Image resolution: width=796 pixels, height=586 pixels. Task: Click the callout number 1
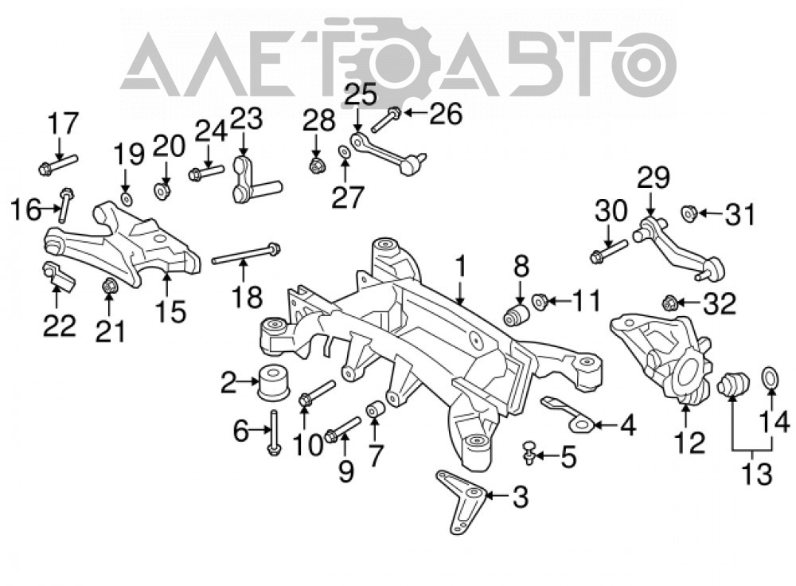point(460,267)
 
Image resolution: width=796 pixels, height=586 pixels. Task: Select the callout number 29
point(654,178)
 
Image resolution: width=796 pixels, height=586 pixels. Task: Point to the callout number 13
point(757,475)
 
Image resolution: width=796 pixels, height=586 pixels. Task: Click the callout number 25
point(361,94)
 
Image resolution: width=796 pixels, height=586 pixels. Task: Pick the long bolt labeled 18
point(246,255)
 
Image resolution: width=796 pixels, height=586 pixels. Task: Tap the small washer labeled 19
point(127,198)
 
